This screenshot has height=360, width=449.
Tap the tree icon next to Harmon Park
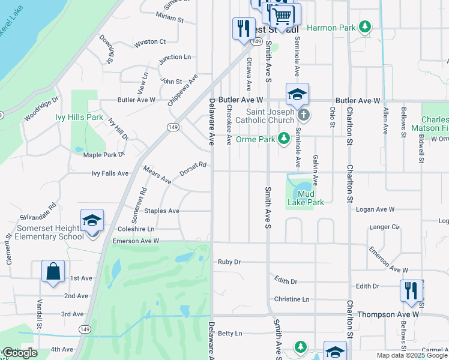pyautogui.click(x=364, y=27)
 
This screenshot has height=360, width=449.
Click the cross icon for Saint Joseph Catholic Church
pyautogui.click(x=304, y=115)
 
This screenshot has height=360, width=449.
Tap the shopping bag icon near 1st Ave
pyautogui.click(x=53, y=271)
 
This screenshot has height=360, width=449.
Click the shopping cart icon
pyautogui.click(x=282, y=14)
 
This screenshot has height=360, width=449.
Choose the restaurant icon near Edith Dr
pyautogui.click(x=411, y=290)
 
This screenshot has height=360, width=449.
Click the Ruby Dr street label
pyautogui.click(x=229, y=262)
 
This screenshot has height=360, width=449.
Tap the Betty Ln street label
pyautogui.click(x=230, y=333)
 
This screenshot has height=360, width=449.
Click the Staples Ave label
pyautogui.click(x=161, y=211)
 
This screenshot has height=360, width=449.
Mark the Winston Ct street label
pyautogui.click(x=150, y=42)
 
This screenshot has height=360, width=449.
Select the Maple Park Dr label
pyautogui.click(x=103, y=155)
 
